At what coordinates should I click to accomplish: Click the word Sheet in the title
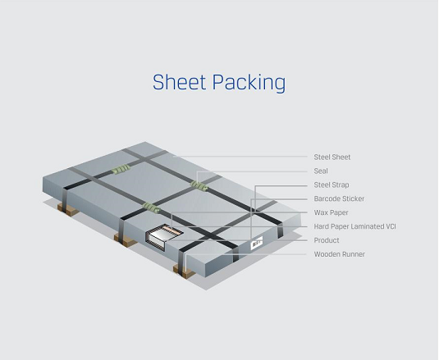point(179,82)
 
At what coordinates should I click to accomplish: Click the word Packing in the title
point(249,83)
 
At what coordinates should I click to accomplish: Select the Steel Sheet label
point(332,157)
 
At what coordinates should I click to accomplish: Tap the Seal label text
point(321,171)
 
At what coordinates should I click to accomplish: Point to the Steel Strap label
point(332,185)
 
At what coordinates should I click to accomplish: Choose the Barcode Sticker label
point(339,198)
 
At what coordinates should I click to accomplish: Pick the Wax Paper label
point(332,212)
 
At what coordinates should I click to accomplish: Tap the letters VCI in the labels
point(391,226)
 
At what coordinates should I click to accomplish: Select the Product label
point(327,240)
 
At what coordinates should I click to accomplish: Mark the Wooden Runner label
point(340,254)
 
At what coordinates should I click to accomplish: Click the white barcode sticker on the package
point(257,242)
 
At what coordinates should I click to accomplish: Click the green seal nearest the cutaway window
point(152,208)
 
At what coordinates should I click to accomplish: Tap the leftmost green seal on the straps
point(121,169)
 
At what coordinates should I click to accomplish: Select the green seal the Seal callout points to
point(199,185)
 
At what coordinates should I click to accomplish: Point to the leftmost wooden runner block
point(67,209)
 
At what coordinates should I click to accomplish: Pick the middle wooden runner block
point(125,240)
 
